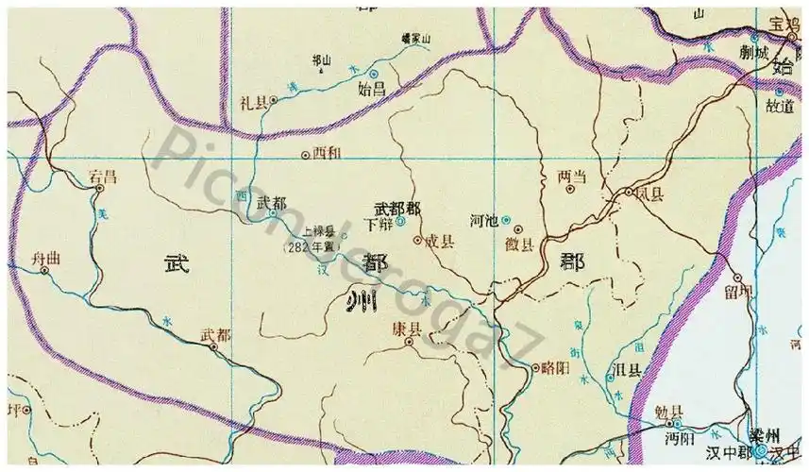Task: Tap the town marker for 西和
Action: click(x=304, y=154)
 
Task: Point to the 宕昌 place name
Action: click(x=102, y=176)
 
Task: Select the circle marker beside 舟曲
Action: click(x=44, y=270)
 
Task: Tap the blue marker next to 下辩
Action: click(x=400, y=222)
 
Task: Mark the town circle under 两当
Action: click(x=569, y=189)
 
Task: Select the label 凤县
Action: click(x=650, y=193)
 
